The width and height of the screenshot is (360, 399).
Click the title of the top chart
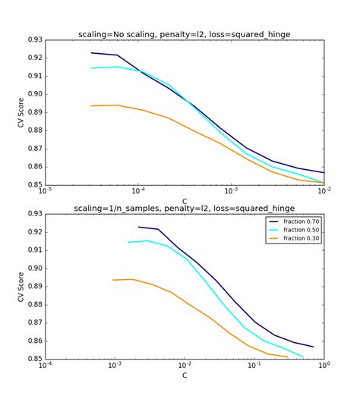pyautogui.click(x=185, y=34)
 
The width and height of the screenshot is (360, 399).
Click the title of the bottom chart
pyautogui.click(x=185, y=208)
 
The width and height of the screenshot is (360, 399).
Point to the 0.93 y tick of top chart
pyautogui.click(x=34, y=39)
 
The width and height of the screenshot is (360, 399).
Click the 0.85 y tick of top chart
pyautogui.click(x=34, y=184)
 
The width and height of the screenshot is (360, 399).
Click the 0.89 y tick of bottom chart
pyautogui.click(x=34, y=286)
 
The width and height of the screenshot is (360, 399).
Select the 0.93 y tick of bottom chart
pyautogui.click(x=34, y=213)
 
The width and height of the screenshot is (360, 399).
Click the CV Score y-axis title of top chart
pyautogui.click(x=21, y=112)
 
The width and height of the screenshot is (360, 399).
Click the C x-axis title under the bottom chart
pyautogui.click(x=185, y=375)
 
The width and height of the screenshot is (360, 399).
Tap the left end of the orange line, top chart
pyautogui.click(x=91, y=106)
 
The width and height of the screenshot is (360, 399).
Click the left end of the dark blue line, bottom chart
pyautogui.click(x=138, y=227)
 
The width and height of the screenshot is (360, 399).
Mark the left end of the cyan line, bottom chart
pyautogui.click(x=128, y=243)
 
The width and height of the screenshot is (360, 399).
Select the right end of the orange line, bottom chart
pyautogui.click(x=288, y=357)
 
